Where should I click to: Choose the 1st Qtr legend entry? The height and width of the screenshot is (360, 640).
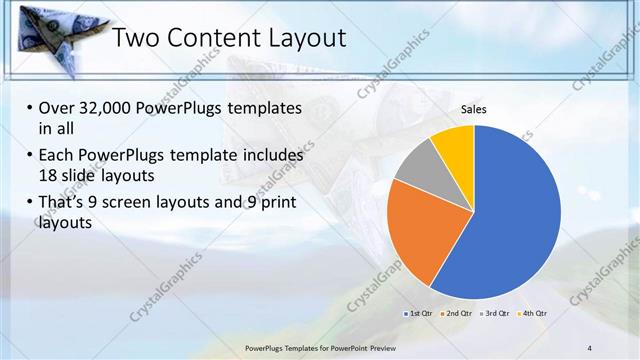click(420, 313)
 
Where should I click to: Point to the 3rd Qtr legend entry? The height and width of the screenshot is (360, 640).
click(495, 313)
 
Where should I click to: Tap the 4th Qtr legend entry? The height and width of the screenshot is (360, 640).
click(533, 313)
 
